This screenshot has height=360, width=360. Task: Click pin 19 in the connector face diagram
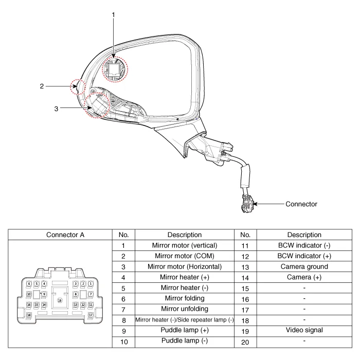[x=60, y=300]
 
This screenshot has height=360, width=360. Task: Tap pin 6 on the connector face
[x=29, y=284]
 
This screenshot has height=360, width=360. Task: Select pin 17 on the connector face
[x=91, y=315]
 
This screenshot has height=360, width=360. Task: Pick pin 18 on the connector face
[x=29, y=315]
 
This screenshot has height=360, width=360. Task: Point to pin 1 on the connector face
[x=91, y=284]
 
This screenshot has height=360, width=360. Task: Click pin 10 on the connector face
[x=29, y=294]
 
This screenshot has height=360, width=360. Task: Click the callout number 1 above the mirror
[x=113, y=15]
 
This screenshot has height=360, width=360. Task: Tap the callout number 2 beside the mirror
[x=42, y=86]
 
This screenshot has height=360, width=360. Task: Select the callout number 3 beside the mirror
[x=56, y=109]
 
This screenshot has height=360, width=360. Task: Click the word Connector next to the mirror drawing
[x=301, y=204]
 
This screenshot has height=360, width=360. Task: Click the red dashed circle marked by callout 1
[x=116, y=69]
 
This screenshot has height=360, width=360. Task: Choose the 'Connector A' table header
[x=65, y=235]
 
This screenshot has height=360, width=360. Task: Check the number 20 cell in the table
[x=245, y=341]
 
